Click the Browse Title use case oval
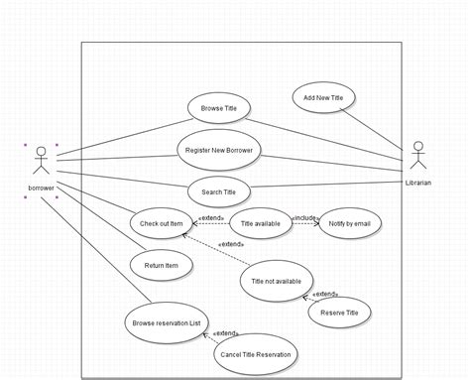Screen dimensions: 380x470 coord(219,107)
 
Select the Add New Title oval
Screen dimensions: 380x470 coord(323,97)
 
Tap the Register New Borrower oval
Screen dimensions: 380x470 coord(218,150)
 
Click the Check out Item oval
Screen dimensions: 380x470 coord(162,223)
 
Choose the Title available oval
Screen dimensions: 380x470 coord(260,224)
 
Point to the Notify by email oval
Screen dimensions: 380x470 coord(348,224)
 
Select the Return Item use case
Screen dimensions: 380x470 coord(162,265)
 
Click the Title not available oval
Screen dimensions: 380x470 coord(277,281)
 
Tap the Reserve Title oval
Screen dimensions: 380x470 coord(339,312)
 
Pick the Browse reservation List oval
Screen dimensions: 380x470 coord(167,321)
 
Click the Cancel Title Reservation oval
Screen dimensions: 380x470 coord(256,352)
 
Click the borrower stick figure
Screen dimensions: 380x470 coord(41,162)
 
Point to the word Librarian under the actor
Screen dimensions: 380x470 coord(417,183)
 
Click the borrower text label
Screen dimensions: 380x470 coord(41,187)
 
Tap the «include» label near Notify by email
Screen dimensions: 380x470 coord(304,216)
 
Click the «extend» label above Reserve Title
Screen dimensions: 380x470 coord(325,294)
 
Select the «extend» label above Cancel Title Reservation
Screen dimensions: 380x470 coord(226,333)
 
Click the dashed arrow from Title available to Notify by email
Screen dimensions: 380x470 coord(304,225)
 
